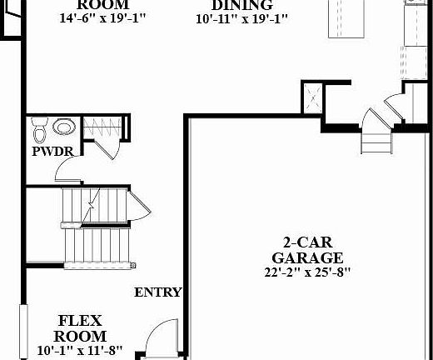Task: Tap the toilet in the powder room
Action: pos(38,130)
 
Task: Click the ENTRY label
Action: pos(158,292)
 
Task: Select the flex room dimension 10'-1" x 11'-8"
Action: pos(80,350)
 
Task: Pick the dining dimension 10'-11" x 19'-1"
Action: pos(242,19)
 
